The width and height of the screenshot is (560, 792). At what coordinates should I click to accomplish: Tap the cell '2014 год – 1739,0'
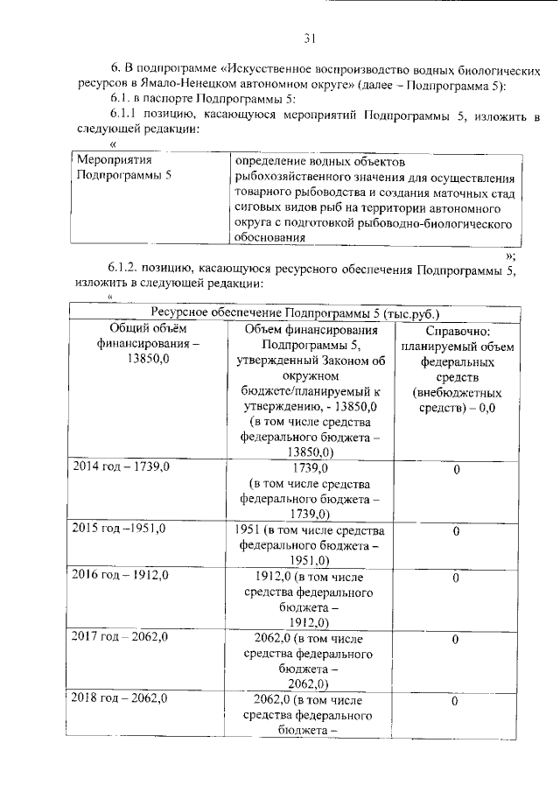coord(120,468)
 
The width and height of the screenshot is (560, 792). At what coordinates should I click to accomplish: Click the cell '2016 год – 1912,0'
coord(120,577)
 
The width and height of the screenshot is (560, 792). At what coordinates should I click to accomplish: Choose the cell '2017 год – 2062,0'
coord(120,638)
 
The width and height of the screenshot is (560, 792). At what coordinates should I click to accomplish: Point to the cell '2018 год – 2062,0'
coord(120,699)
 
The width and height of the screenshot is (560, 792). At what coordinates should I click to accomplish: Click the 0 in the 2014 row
coord(456,471)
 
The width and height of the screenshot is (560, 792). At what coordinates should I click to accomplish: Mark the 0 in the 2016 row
coord(456,578)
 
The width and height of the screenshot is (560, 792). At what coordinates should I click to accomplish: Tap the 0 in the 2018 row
coord(456,701)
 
